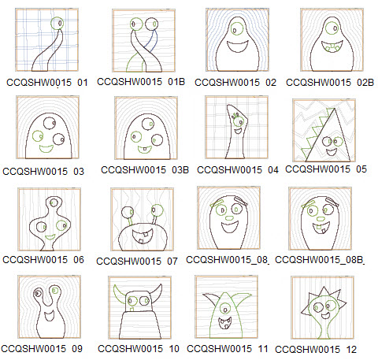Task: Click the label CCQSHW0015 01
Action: (x=46, y=81)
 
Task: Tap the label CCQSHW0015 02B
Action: (x=324, y=81)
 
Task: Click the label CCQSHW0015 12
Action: (x=324, y=347)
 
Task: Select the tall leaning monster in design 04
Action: (x=232, y=130)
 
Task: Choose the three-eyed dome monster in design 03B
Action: (x=142, y=130)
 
